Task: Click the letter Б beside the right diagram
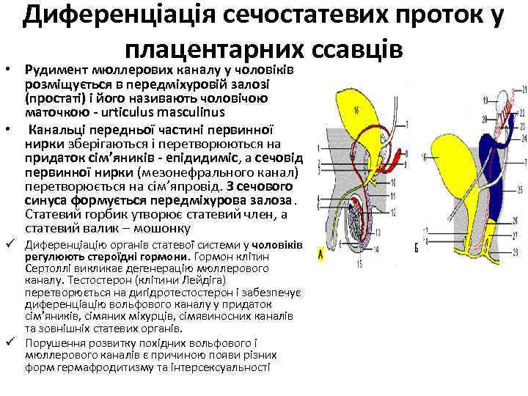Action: [417, 249]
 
